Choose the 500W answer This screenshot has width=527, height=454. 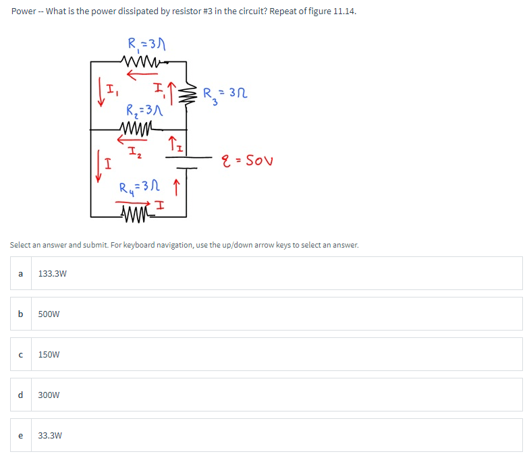coord(49,314)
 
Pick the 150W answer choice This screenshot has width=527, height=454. coord(49,354)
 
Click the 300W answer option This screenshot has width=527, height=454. coord(49,395)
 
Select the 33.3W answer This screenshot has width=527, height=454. coord(49,435)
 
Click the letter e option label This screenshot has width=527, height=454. coord(21,435)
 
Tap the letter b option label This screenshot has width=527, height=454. coord(21,314)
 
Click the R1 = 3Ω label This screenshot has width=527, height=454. coord(146,45)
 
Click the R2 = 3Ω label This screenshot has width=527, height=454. coord(142,110)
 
